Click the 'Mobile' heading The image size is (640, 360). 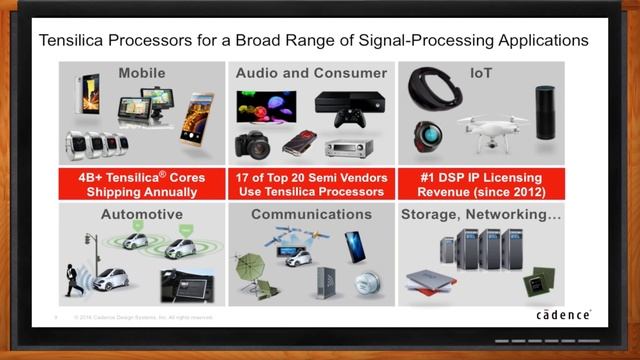143,73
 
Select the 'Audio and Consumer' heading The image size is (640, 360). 310,73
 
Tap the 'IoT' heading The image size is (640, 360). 478,73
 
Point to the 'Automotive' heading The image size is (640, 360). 143,214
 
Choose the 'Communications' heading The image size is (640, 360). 310,214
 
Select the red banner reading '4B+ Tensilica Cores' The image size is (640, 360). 143,183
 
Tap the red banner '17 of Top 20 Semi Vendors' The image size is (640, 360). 310,183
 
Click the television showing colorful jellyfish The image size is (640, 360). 266,106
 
